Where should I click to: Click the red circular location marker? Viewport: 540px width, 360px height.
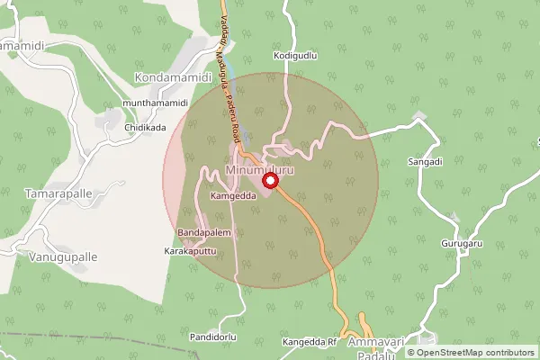click(x=267, y=180)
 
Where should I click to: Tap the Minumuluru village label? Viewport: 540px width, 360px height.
click(x=260, y=170)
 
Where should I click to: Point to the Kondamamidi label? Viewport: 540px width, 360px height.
click(x=172, y=78)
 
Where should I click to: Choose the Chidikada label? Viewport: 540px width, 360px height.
click(x=145, y=128)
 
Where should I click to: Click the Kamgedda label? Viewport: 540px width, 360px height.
click(x=233, y=194)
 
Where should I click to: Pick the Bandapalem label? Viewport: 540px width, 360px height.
click(x=205, y=233)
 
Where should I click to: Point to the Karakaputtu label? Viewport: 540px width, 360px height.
click(x=191, y=251)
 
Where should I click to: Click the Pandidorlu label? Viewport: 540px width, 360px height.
click(x=213, y=337)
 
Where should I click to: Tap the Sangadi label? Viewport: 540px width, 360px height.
click(x=425, y=162)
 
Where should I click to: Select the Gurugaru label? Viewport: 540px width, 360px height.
click(x=463, y=244)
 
